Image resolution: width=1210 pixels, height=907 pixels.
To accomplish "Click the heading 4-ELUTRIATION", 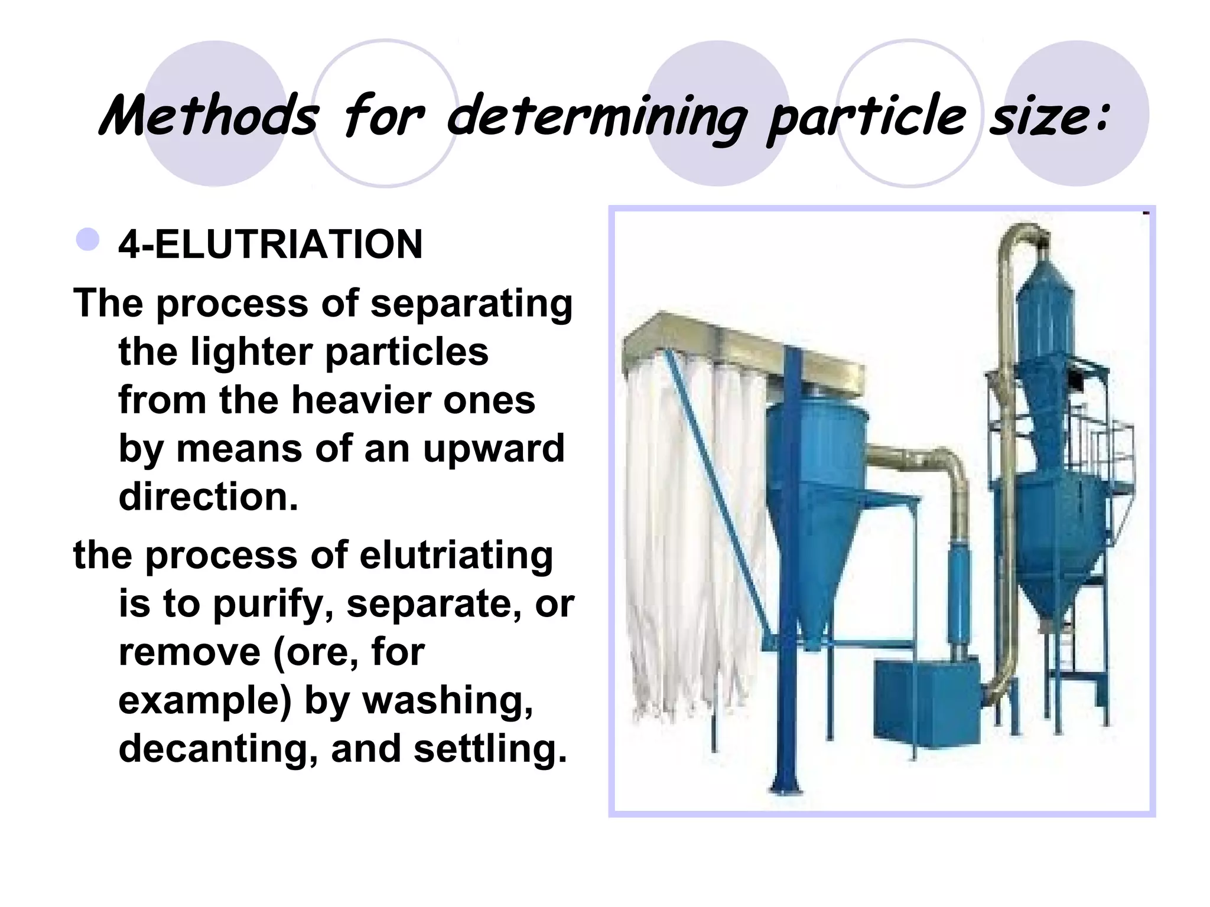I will coord(271,244).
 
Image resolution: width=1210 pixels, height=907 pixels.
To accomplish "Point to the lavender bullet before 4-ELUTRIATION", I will coord(88,240).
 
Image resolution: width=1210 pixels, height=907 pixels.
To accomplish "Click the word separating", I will coord(471,304).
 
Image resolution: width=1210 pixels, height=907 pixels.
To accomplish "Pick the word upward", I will coord(493,449).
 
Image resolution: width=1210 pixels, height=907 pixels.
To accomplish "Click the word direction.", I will coord(209,497).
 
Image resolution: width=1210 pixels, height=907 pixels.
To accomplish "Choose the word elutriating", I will coord(456,556).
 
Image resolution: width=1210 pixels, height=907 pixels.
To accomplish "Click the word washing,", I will coord(447,701).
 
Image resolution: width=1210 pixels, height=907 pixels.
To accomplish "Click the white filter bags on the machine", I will coord(691,531).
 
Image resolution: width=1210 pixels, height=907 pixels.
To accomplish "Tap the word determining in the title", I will coord(597,118).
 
